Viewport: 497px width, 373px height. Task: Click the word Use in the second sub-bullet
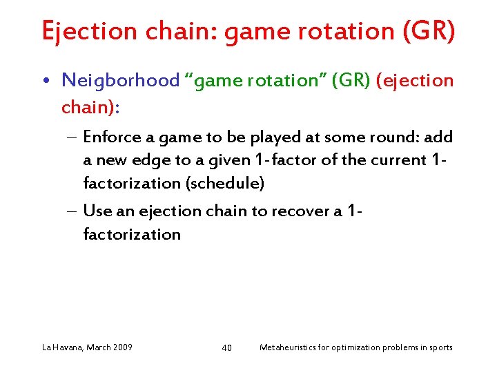[x=95, y=211]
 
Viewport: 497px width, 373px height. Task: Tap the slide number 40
[x=226, y=347]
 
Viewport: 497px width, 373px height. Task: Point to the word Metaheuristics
[x=286, y=347]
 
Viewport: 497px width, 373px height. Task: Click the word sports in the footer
[x=439, y=347]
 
